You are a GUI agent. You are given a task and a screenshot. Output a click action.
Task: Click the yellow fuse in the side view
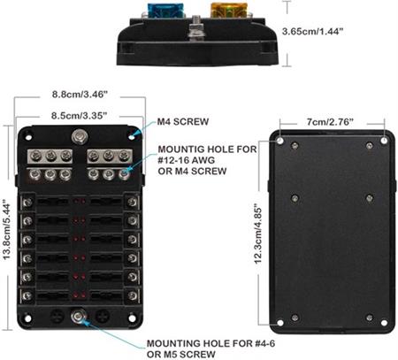pos(228,11)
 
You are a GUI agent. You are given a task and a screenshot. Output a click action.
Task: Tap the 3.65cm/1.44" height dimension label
pos(312,31)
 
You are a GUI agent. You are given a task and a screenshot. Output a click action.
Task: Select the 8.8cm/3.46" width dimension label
pos(80,95)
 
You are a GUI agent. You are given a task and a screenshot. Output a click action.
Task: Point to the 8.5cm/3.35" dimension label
pos(79,115)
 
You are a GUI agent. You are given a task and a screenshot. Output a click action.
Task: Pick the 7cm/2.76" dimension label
pos(330,121)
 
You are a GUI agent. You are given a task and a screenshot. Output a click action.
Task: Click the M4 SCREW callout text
pos(183,121)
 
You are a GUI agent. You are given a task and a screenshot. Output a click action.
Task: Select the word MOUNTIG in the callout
pos(185,149)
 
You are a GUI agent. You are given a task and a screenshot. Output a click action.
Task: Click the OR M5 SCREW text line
pos(180,354)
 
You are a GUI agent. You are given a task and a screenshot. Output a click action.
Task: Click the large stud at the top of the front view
pos(80,137)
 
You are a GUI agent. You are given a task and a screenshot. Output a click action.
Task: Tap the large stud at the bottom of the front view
pos(79,317)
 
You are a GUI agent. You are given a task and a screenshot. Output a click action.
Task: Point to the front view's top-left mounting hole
pos(28,137)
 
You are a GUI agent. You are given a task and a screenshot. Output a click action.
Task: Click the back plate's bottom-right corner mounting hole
pos(384,323)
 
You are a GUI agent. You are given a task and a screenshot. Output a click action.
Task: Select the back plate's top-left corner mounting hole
pos(280,141)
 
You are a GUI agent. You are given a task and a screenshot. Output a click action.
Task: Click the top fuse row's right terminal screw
pos(132,202)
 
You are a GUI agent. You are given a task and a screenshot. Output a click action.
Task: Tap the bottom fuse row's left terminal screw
pos(27,295)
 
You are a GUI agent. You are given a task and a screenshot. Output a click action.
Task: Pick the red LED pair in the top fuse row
pos(80,202)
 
